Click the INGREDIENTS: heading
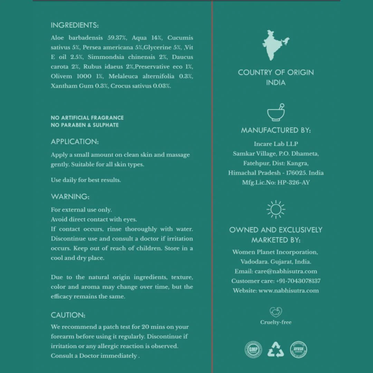tap(75, 25)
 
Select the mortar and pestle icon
tap(276, 112)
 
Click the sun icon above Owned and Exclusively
tap(276, 209)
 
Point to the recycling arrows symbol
tap(276, 350)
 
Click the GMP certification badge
tap(253, 350)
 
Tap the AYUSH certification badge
tap(298, 350)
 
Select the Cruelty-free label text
tap(276, 322)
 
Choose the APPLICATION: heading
tap(75, 142)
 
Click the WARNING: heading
tap(70, 197)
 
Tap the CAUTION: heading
tap(68, 315)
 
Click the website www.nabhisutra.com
tap(288, 290)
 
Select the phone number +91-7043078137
tap(298, 281)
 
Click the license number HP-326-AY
tap(294, 182)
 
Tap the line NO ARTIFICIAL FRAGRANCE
tap(87, 118)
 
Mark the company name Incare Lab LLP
tap(276, 144)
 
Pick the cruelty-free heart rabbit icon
tap(276, 312)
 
